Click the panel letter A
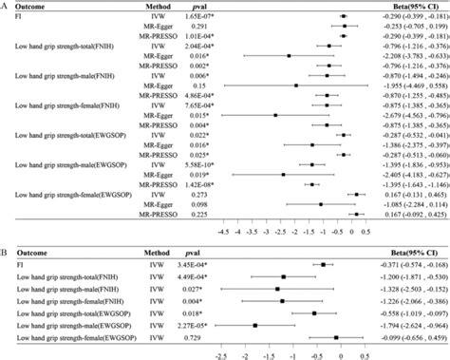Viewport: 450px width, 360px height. (4, 5)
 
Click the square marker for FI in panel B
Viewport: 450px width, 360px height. (324, 265)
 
